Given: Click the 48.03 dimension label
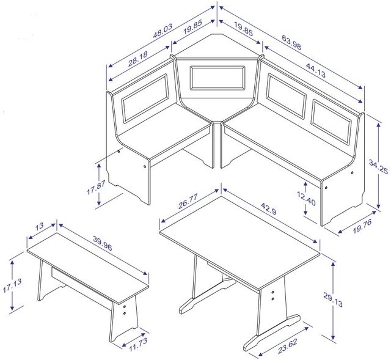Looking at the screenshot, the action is pos(163,31).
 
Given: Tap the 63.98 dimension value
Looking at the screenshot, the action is pos(291,42).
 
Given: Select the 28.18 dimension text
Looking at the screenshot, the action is pos(138,59).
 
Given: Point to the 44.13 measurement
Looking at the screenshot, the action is pos(315,70).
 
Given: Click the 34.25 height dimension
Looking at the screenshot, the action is pos(378,167).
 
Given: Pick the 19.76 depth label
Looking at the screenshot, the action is pos(362,226).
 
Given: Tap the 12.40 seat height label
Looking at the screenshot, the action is pos(306,199).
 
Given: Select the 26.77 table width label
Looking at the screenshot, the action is pos(188,201).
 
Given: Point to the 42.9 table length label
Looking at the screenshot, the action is pos(269,208).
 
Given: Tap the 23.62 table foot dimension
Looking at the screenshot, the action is pos(288,346).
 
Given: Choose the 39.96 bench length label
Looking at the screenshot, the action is pos(103,243).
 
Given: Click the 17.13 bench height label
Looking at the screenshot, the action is pos(12,285).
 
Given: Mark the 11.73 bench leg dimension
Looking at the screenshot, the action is pos(138,344).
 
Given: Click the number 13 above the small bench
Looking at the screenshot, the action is pos(39,226).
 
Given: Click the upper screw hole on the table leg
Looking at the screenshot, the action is pos(272,292).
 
